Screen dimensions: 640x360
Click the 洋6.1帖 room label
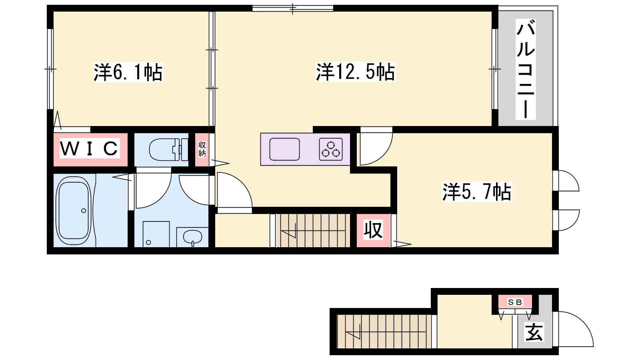coord(128,72)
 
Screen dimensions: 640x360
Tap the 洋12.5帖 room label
coord(355,72)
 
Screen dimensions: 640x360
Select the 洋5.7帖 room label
coord(476,192)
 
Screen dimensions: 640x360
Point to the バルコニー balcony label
coord(526,70)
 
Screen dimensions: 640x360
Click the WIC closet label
coord(89,148)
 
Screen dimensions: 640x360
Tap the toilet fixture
coord(168,150)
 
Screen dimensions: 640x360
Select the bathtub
coord(74,210)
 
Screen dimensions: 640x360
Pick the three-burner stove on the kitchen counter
coord(331,149)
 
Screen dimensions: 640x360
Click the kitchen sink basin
coord(284,149)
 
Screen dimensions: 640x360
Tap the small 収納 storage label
coord(202,149)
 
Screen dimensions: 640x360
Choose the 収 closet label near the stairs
coord(373,230)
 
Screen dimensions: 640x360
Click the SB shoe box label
coord(515,302)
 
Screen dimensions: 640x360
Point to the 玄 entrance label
coord(534,332)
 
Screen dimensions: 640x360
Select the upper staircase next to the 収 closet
coord(313,230)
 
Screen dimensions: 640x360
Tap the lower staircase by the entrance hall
coord(384,332)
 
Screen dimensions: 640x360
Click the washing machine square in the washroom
coord(156,234)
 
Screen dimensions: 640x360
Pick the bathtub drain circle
coord(84,210)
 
